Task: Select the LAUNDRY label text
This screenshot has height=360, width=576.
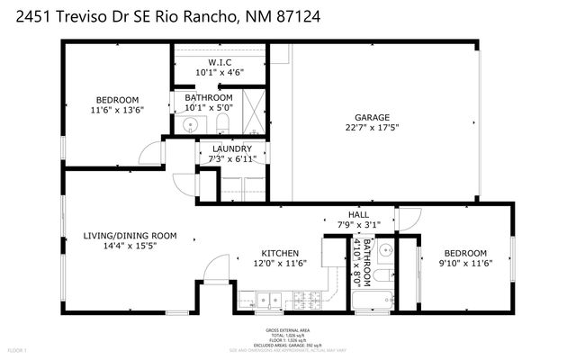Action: (231, 148)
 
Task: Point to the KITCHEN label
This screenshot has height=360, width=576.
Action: (279, 252)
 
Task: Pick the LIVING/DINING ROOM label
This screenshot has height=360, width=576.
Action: (130, 235)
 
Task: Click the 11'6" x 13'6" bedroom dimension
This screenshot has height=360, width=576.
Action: (117, 110)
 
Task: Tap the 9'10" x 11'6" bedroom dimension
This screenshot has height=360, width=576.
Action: (463, 263)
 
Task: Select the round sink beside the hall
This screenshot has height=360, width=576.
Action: (387, 249)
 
